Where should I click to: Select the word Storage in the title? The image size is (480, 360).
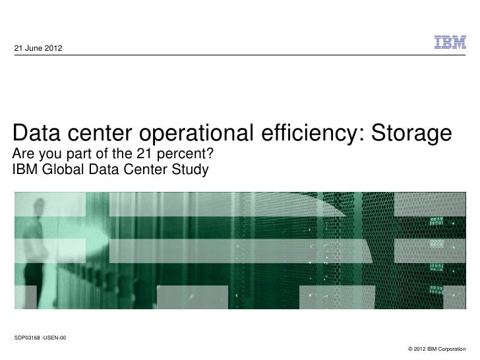(x=411, y=134)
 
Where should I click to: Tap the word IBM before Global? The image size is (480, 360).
(x=26, y=171)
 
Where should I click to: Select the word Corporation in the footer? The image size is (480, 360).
(x=452, y=348)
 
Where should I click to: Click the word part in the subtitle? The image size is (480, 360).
(x=78, y=156)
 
